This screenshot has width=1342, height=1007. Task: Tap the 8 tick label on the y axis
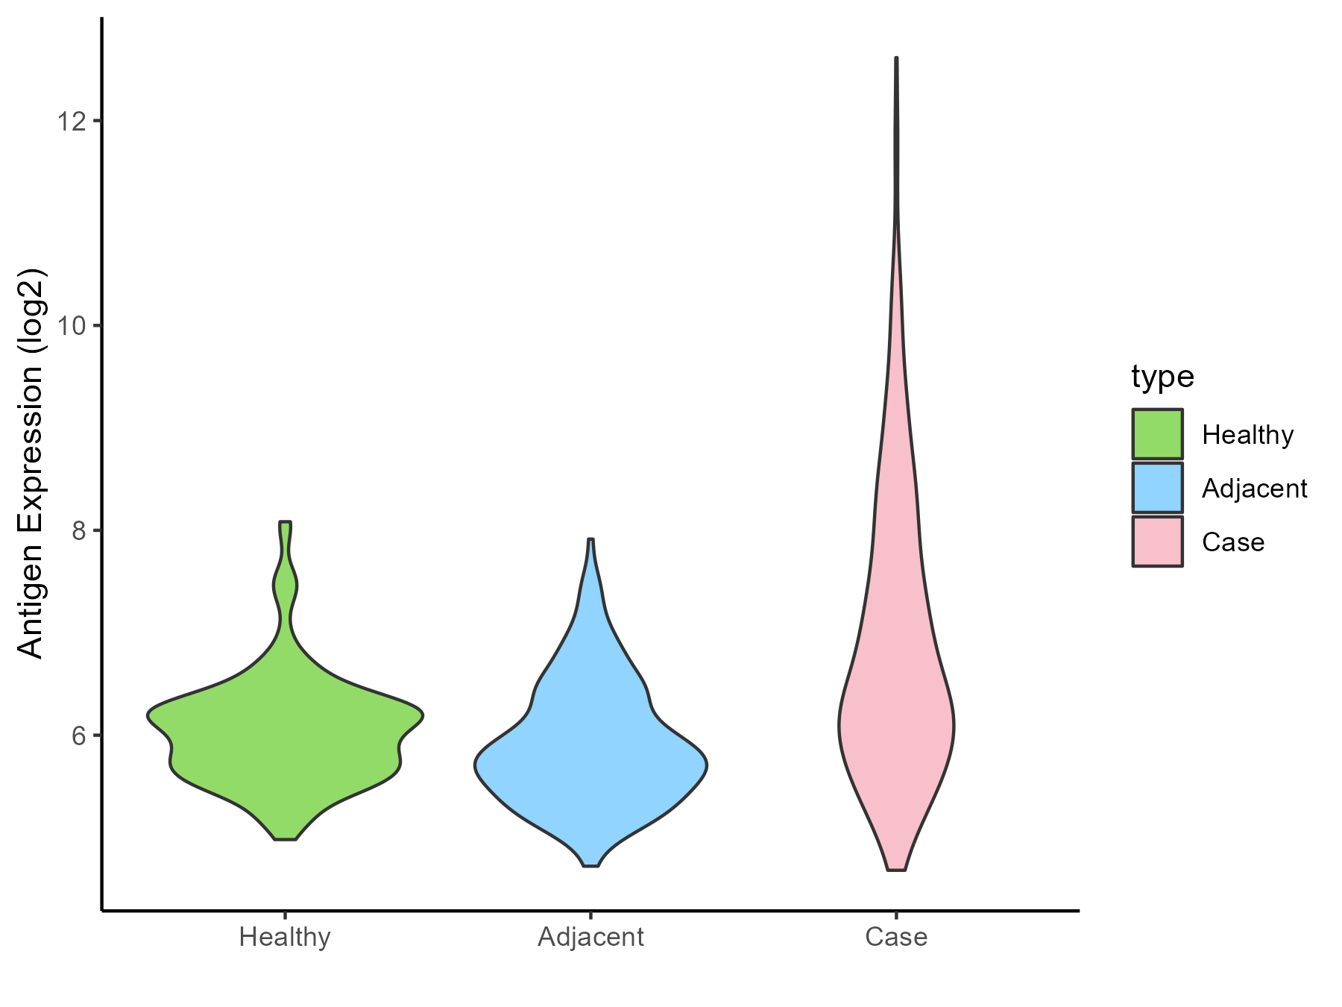pyautogui.click(x=78, y=530)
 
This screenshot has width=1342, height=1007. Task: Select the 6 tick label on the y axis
pyautogui.click(x=78, y=735)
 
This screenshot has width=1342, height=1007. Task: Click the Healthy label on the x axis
pyautogui.click(x=285, y=937)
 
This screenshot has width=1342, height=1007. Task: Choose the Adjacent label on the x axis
pyautogui.click(x=590, y=937)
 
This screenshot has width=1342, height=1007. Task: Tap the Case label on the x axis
pyautogui.click(x=896, y=937)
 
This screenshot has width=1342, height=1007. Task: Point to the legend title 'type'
pyautogui.click(x=1162, y=377)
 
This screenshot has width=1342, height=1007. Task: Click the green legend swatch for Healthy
pyautogui.click(x=1157, y=434)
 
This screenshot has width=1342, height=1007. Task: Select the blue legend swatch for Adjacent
pyautogui.click(x=1157, y=488)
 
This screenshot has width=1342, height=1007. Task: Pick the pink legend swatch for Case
pyautogui.click(x=1157, y=542)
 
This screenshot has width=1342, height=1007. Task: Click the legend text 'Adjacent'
pyautogui.click(x=1255, y=489)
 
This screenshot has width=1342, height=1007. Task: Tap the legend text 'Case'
pyautogui.click(x=1233, y=542)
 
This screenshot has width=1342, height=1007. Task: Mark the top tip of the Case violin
pyautogui.click(x=896, y=58)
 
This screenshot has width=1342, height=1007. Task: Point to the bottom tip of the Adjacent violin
pyautogui.click(x=590, y=865)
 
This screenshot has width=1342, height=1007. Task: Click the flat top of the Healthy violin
pyautogui.click(x=286, y=522)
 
